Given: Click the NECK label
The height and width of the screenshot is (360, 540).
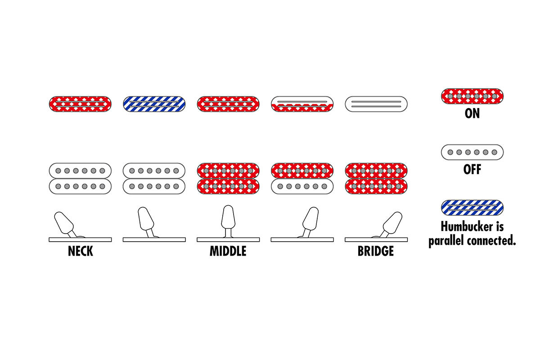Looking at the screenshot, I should tap(81, 251).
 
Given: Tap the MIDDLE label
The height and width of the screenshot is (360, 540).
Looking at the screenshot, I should tap(228, 251).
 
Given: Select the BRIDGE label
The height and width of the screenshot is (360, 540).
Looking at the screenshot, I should tap(376, 251).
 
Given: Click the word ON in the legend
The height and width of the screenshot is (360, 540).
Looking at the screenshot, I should tap(472, 114).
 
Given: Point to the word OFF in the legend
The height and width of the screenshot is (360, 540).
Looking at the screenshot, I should tap(472, 170).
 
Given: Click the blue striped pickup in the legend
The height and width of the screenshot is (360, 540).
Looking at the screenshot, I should tap(472, 207).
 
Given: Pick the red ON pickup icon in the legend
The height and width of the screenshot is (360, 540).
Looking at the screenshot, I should tap(472, 96).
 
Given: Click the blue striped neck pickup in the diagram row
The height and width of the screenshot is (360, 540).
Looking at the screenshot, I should tap(154, 104).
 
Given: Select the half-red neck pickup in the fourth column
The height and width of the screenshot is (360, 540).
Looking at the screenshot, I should tap(302, 104).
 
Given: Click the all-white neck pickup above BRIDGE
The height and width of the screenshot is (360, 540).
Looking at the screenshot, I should tap(376, 104).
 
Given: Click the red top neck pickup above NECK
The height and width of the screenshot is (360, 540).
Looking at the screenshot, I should tap(81, 104).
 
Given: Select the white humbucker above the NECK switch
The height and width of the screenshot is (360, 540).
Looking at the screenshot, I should tap(81, 178).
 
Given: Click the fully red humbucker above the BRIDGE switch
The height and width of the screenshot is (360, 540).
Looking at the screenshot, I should tap(376, 178).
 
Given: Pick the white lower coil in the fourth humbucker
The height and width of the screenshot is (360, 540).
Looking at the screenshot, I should tap(302, 186).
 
